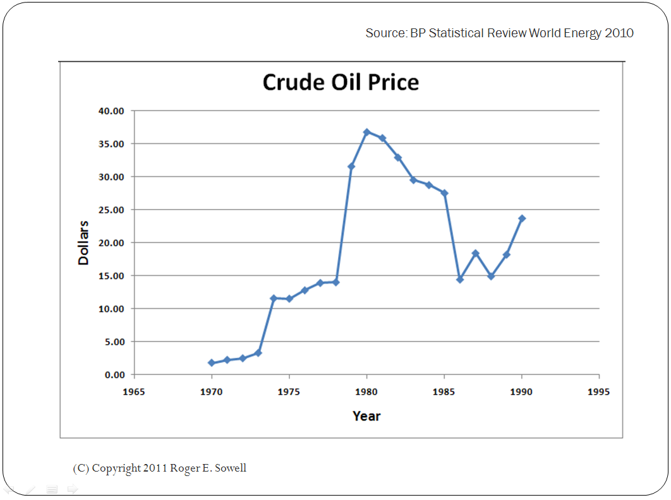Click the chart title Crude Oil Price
click(341, 83)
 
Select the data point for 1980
click(366, 132)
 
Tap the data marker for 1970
click(212, 363)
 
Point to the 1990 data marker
click(522, 218)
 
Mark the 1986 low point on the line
click(460, 279)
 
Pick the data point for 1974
click(274, 298)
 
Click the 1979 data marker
click(351, 166)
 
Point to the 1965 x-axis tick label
click(134, 392)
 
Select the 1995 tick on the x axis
click(598, 392)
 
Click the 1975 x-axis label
click(289, 392)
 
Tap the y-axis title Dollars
click(83, 242)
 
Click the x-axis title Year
click(366, 416)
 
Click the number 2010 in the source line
click(619, 33)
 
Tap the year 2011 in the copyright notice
click(155, 468)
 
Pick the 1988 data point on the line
click(491, 277)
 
